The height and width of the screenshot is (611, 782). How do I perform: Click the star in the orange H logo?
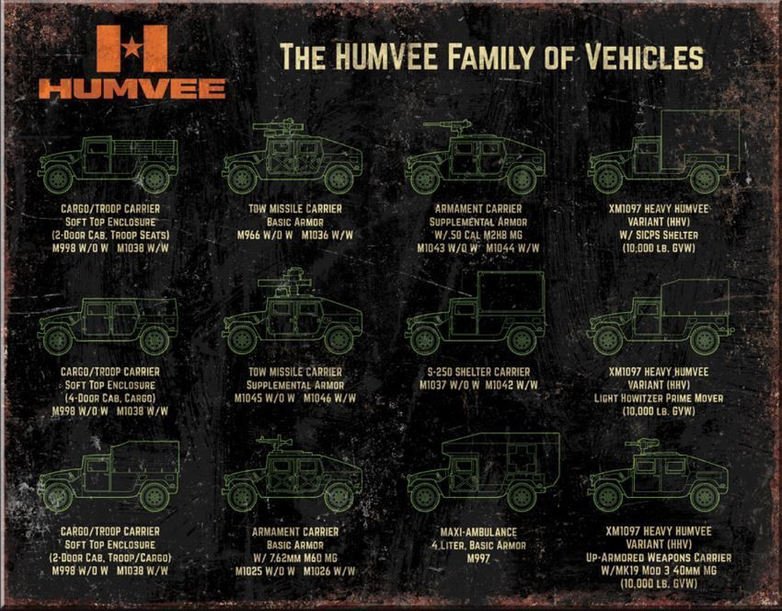pos(132,48)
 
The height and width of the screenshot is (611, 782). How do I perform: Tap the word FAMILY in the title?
pos(491,56)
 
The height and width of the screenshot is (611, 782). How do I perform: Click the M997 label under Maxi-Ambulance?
pos(478,559)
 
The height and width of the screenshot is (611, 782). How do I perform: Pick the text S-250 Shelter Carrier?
pos(478,372)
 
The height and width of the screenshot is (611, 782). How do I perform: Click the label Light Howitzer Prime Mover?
pos(659,398)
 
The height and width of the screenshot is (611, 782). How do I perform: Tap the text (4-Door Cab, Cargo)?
pos(110,398)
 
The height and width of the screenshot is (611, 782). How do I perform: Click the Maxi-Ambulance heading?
pos(478,532)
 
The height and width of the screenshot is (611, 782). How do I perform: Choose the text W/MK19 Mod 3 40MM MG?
pos(659,571)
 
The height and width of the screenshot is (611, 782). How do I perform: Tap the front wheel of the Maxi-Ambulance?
pos(424,497)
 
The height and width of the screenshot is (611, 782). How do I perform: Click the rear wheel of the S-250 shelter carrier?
pos(521,340)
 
